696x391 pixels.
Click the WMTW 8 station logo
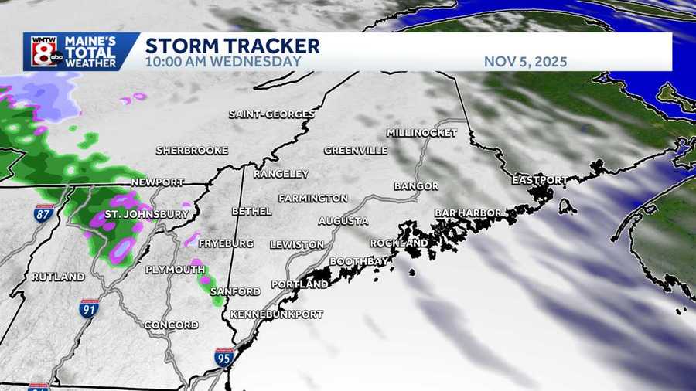pyautogui.click(x=44, y=52)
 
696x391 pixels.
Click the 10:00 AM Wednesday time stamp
pyautogui.click(x=223, y=61)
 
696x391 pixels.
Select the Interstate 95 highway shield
pyautogui.click(x=224, y=357)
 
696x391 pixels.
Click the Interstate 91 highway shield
pyautogui.click(x=89, y=309)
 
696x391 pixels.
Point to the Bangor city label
pyautogui.click(x=415, y=186)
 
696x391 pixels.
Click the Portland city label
pyautogui.click(x=299, y=285)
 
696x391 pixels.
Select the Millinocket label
pyautogui.click(x=421, y=133)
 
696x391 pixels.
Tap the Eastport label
pyautogui.click(x=540, y=179)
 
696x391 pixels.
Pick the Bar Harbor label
pyautogui.click(x=468, y=212)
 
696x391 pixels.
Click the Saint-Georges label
pyautogui.click(x=271, y=114)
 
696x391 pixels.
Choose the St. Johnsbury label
pyautogui.click(x=146, y=213)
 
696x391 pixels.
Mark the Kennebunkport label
pyautogui.click(x=276, y=314)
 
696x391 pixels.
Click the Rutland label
pyautogui.click(x=58, y=277)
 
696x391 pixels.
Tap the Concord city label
pyautogui.click(x=172, y=325)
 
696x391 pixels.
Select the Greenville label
pyautogui.click(x=355, y=151)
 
